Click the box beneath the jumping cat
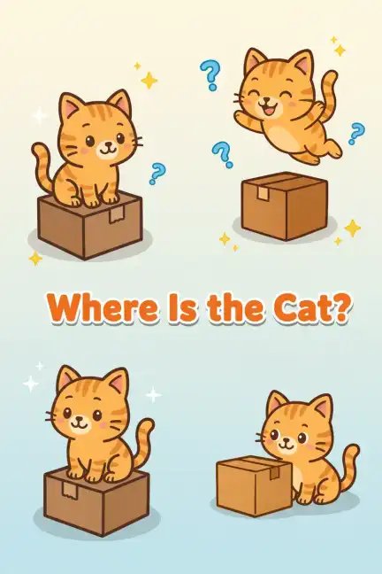(x=285, y=206)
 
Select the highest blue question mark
(x=210, y=75)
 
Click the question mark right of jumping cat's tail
(x=355, y=133)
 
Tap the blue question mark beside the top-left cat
(x=157, y=173)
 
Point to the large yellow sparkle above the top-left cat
(x=149, y=80)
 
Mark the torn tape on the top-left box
(x=116, y=215)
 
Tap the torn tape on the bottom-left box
(x=70, y=491)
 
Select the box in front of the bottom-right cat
(x=255, y=485)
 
